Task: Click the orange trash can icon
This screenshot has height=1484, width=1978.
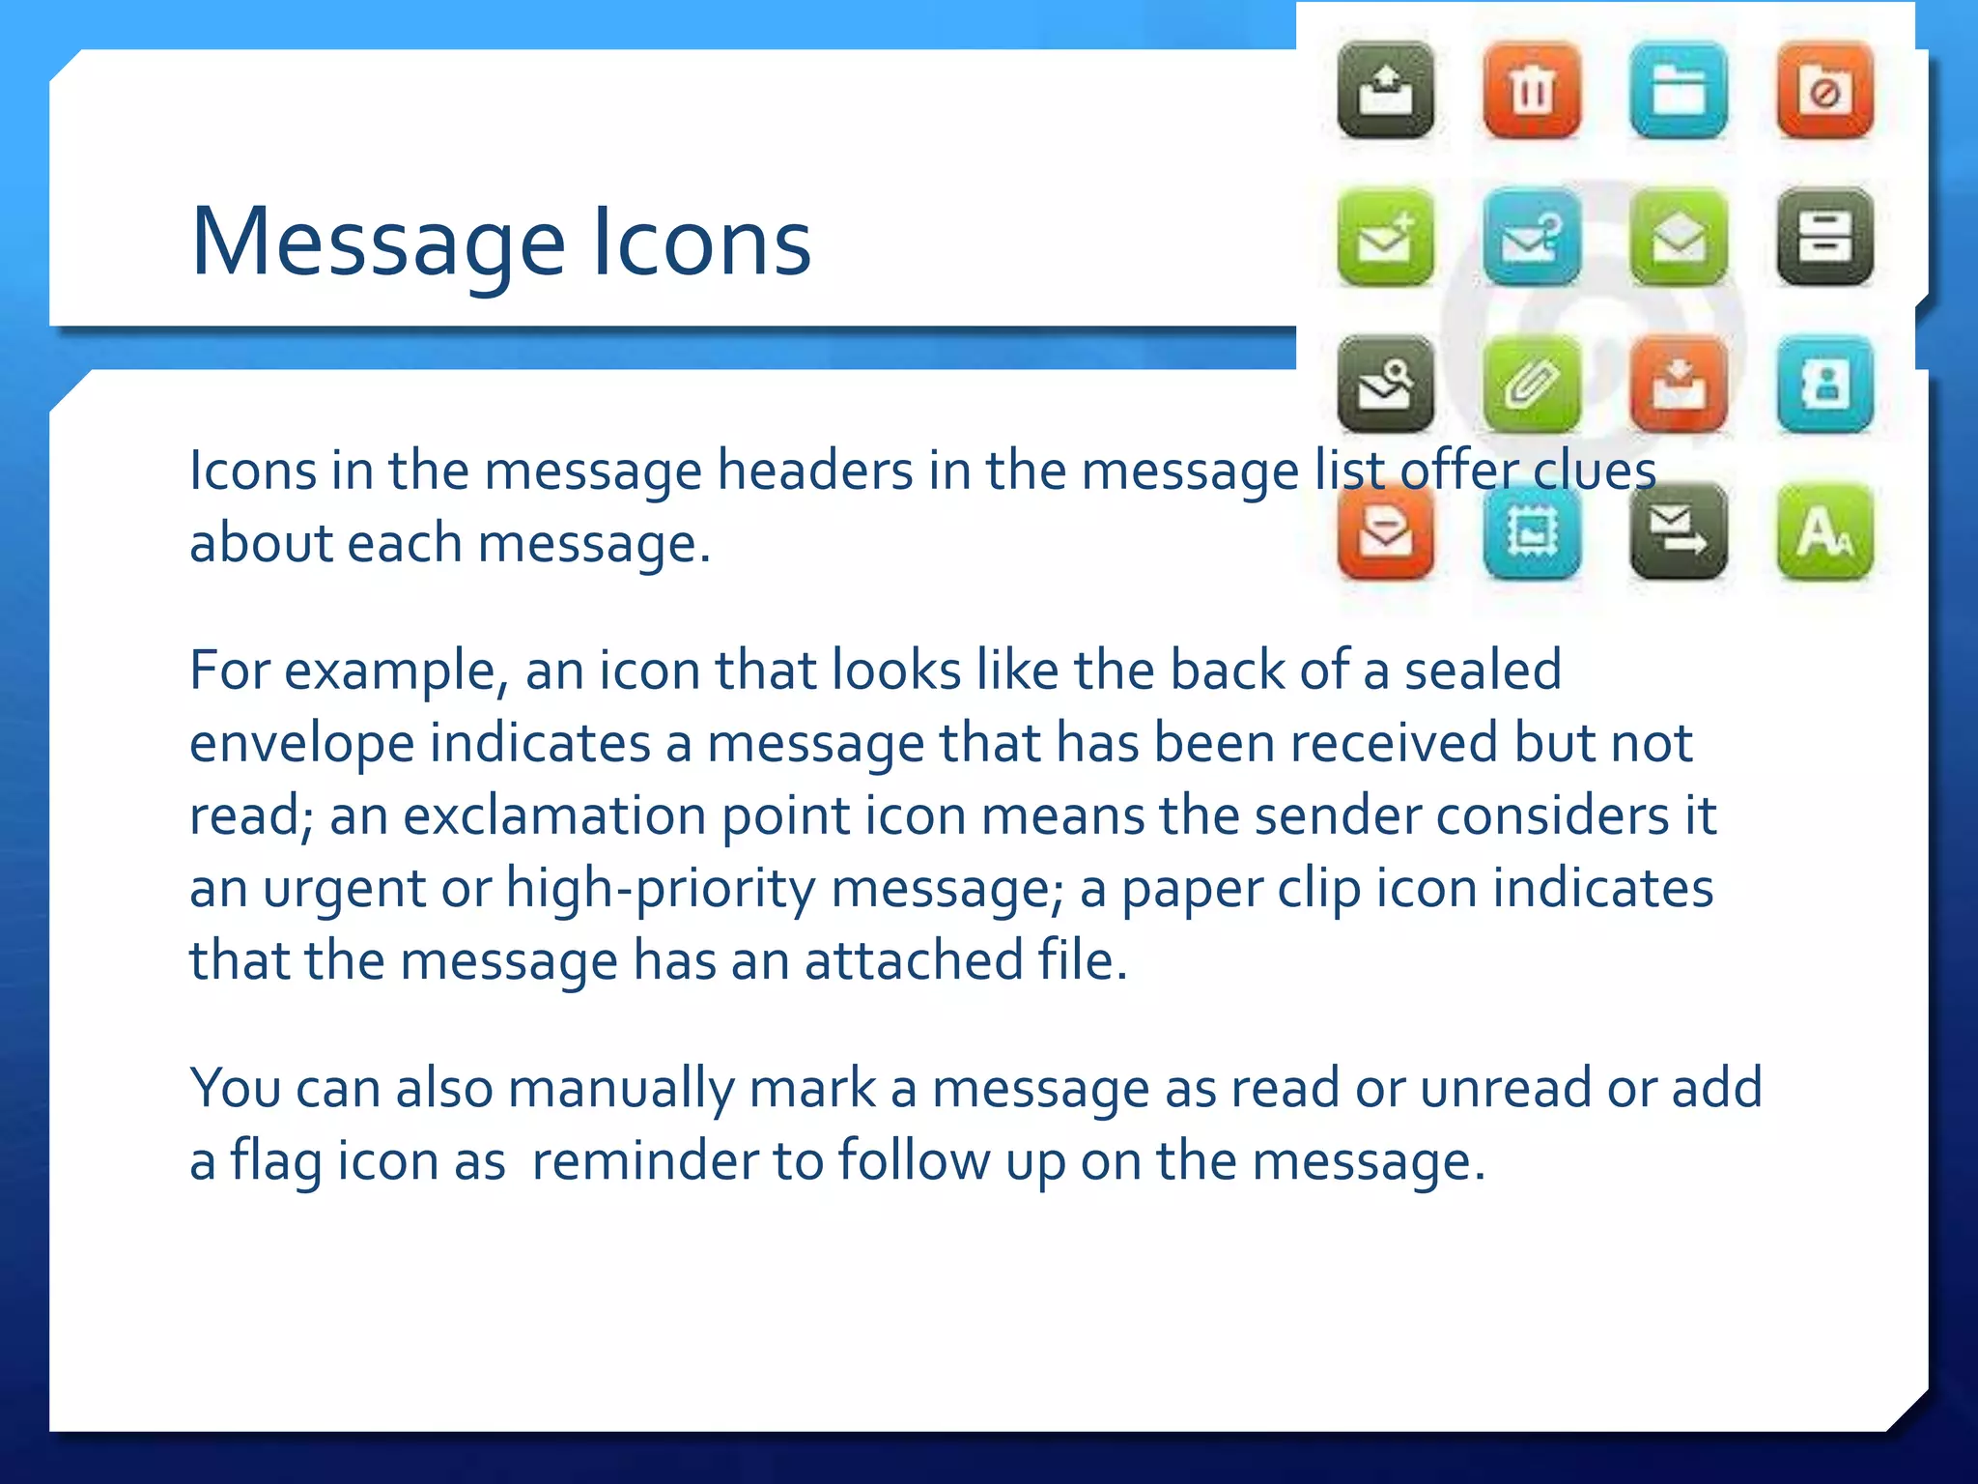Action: point(1532,91)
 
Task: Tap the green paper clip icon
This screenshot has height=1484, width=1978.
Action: point(1532,385)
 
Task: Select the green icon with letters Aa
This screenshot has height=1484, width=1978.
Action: point(1824,531)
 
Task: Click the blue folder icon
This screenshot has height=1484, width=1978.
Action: point(1679,91)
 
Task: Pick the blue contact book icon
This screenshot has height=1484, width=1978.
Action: point(1824,385)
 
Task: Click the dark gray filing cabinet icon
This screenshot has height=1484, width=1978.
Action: point(1824,238)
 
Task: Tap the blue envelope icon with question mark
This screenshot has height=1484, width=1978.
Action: point(1532,238)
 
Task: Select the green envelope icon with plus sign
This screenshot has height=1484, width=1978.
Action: point(1385,238)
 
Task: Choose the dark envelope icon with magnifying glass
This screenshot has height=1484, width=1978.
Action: point(1385,385)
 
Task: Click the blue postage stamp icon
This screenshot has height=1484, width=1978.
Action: point(1532,531)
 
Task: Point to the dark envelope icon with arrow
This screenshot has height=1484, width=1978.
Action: point(1679,531)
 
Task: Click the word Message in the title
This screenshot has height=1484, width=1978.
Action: point(378,243)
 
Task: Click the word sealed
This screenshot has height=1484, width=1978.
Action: point(1483,670)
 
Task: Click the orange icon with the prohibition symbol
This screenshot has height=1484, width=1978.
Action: point(1824,91)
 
